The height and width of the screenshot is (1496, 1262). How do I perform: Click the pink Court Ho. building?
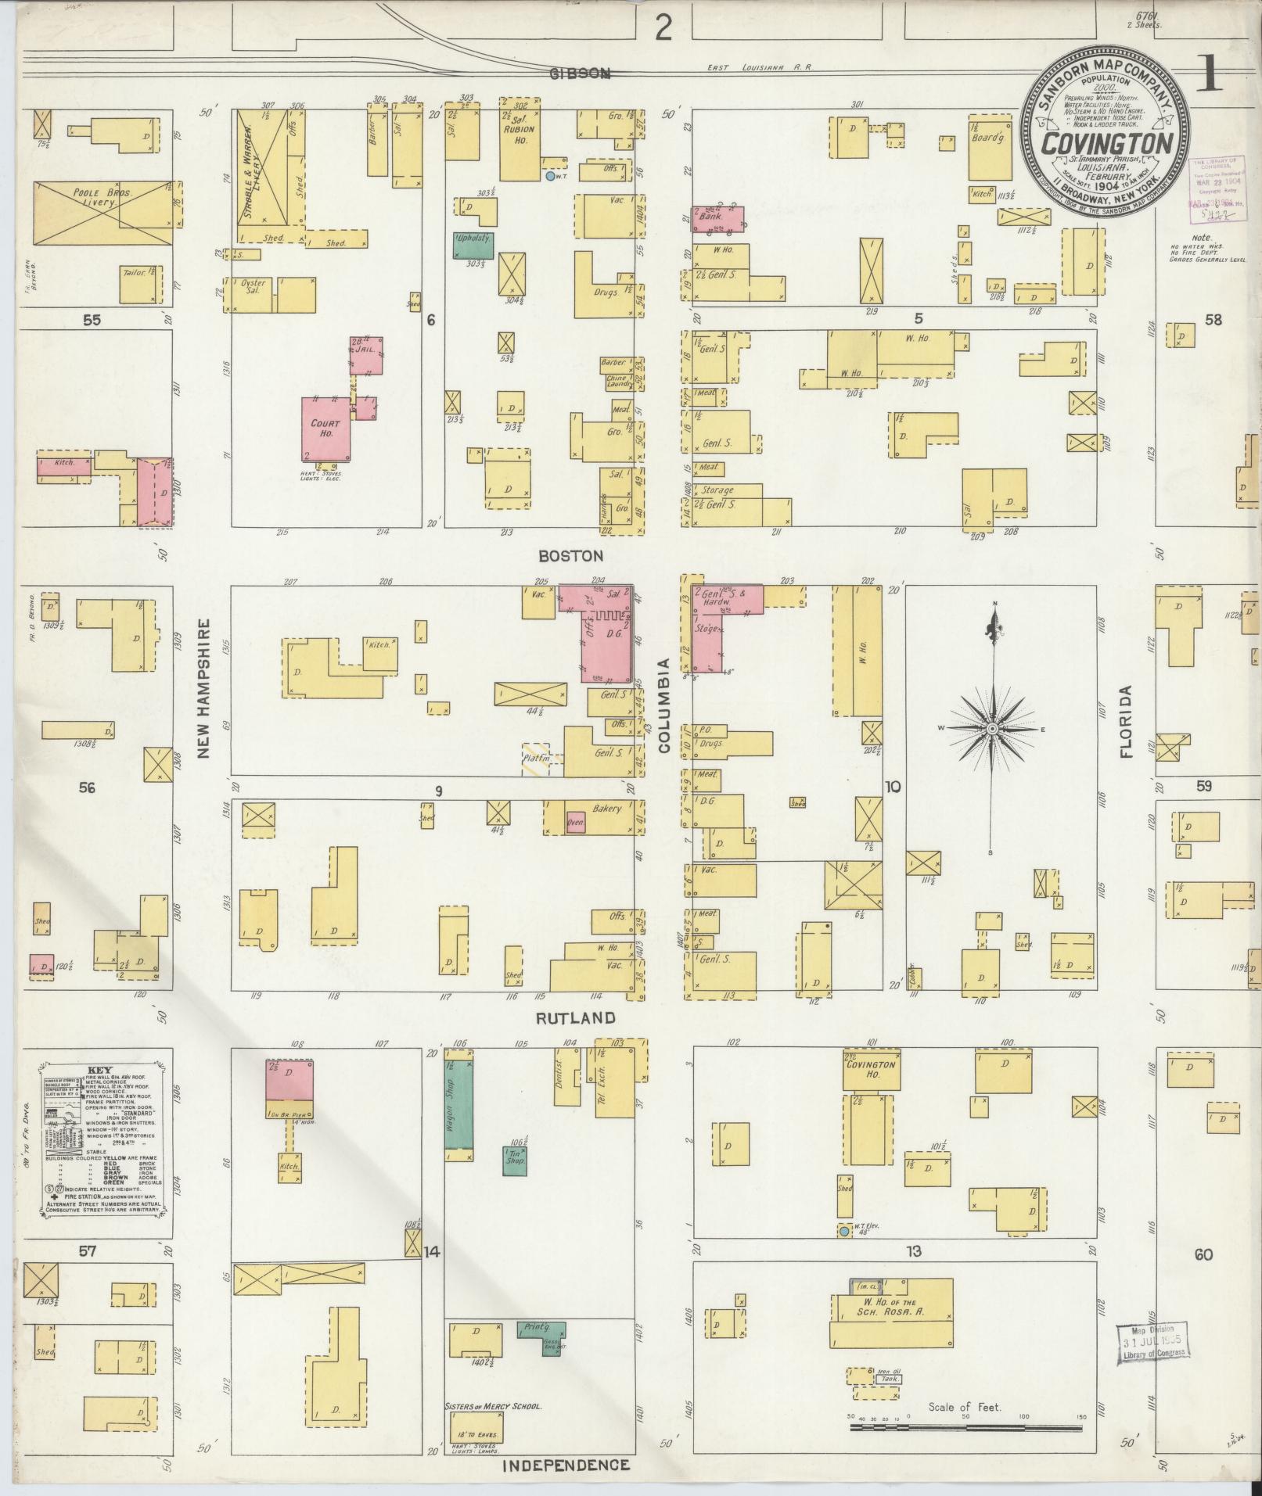click(325, 429)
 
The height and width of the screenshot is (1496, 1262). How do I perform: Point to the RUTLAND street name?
click(576, 1018)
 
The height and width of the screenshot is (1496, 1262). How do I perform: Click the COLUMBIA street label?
click(664, 706)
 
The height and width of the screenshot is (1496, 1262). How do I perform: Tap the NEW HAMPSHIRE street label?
click(205, 688)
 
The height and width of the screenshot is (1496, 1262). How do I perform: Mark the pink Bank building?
click(717, 219)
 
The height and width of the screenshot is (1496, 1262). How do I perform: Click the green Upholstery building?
click(473, 246)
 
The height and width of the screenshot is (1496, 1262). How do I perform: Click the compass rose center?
click(992, 729)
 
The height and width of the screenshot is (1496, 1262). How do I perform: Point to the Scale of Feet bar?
click(965, 1428)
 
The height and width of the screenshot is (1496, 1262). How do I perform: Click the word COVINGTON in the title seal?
click(1109, 142)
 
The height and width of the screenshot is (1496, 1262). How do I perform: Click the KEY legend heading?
click(99, 1071)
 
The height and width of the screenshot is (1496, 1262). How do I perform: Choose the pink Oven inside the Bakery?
click(575, 823)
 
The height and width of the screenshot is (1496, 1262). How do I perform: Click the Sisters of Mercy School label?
click(493, 1406)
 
